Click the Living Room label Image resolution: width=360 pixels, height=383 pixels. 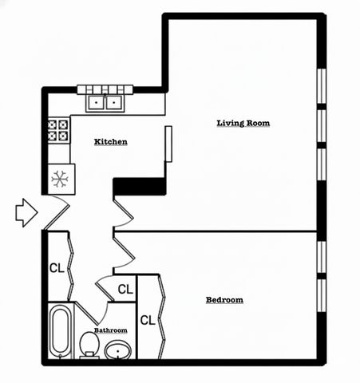coord(243,123)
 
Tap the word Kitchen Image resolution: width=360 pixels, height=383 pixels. coord(111,141)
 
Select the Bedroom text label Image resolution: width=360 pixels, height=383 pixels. coord(224,300)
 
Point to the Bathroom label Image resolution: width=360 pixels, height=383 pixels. coord(110,330)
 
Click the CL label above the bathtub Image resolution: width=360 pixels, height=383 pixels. coord(57,267)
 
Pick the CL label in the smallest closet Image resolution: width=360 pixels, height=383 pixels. coord(125,289)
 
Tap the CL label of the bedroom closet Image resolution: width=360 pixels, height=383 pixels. coord(148,320)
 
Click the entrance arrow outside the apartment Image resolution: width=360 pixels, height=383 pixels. coord(26,212)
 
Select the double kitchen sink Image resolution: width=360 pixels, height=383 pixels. coord(105,102)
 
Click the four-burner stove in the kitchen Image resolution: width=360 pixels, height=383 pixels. coord(58,130)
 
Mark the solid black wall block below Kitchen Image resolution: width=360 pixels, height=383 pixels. coord(139,186)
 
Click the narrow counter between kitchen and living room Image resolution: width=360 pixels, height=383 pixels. coord(168,144)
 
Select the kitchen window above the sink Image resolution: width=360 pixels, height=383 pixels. coord(106,89)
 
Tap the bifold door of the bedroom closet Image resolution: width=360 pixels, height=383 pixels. coord(163,318)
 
